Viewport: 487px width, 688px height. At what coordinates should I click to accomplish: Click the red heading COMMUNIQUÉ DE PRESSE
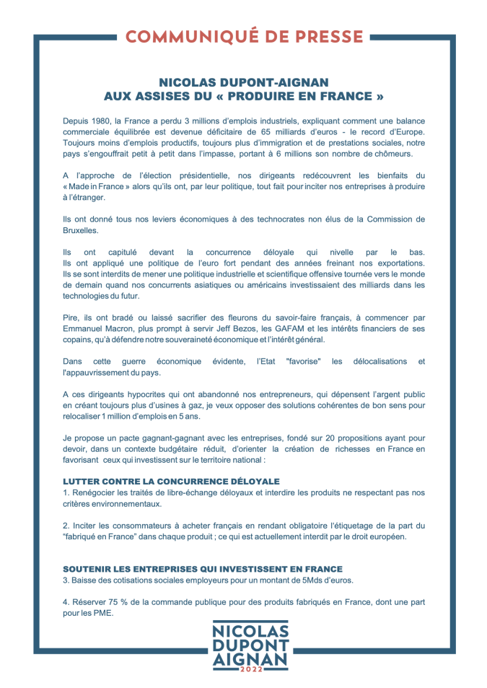(244, 36)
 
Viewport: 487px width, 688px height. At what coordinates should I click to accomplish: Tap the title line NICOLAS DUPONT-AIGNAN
(243, 82)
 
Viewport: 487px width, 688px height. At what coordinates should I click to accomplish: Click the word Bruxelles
(81, 230)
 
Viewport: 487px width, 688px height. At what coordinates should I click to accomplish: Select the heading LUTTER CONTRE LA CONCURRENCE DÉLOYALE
(171, 481)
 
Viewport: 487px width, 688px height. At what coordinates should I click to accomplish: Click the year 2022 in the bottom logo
(250, 671)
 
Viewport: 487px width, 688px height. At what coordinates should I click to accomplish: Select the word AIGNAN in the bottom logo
(250, 657)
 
